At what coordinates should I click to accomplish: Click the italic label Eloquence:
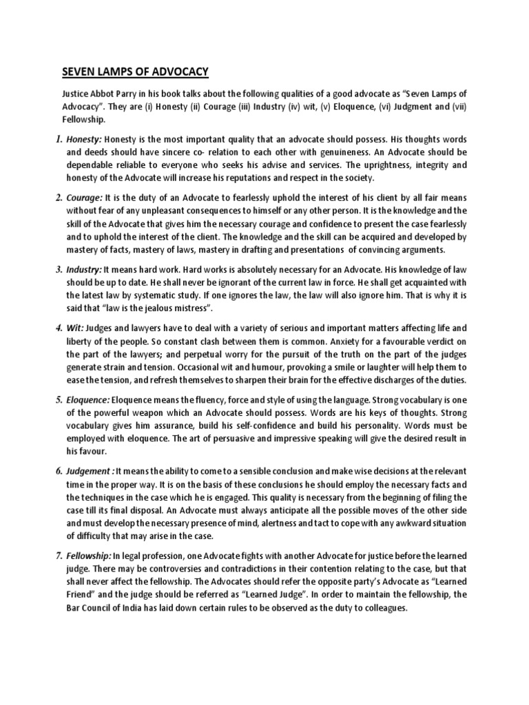click(88, 399)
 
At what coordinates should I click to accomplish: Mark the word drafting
click(304, 249)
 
